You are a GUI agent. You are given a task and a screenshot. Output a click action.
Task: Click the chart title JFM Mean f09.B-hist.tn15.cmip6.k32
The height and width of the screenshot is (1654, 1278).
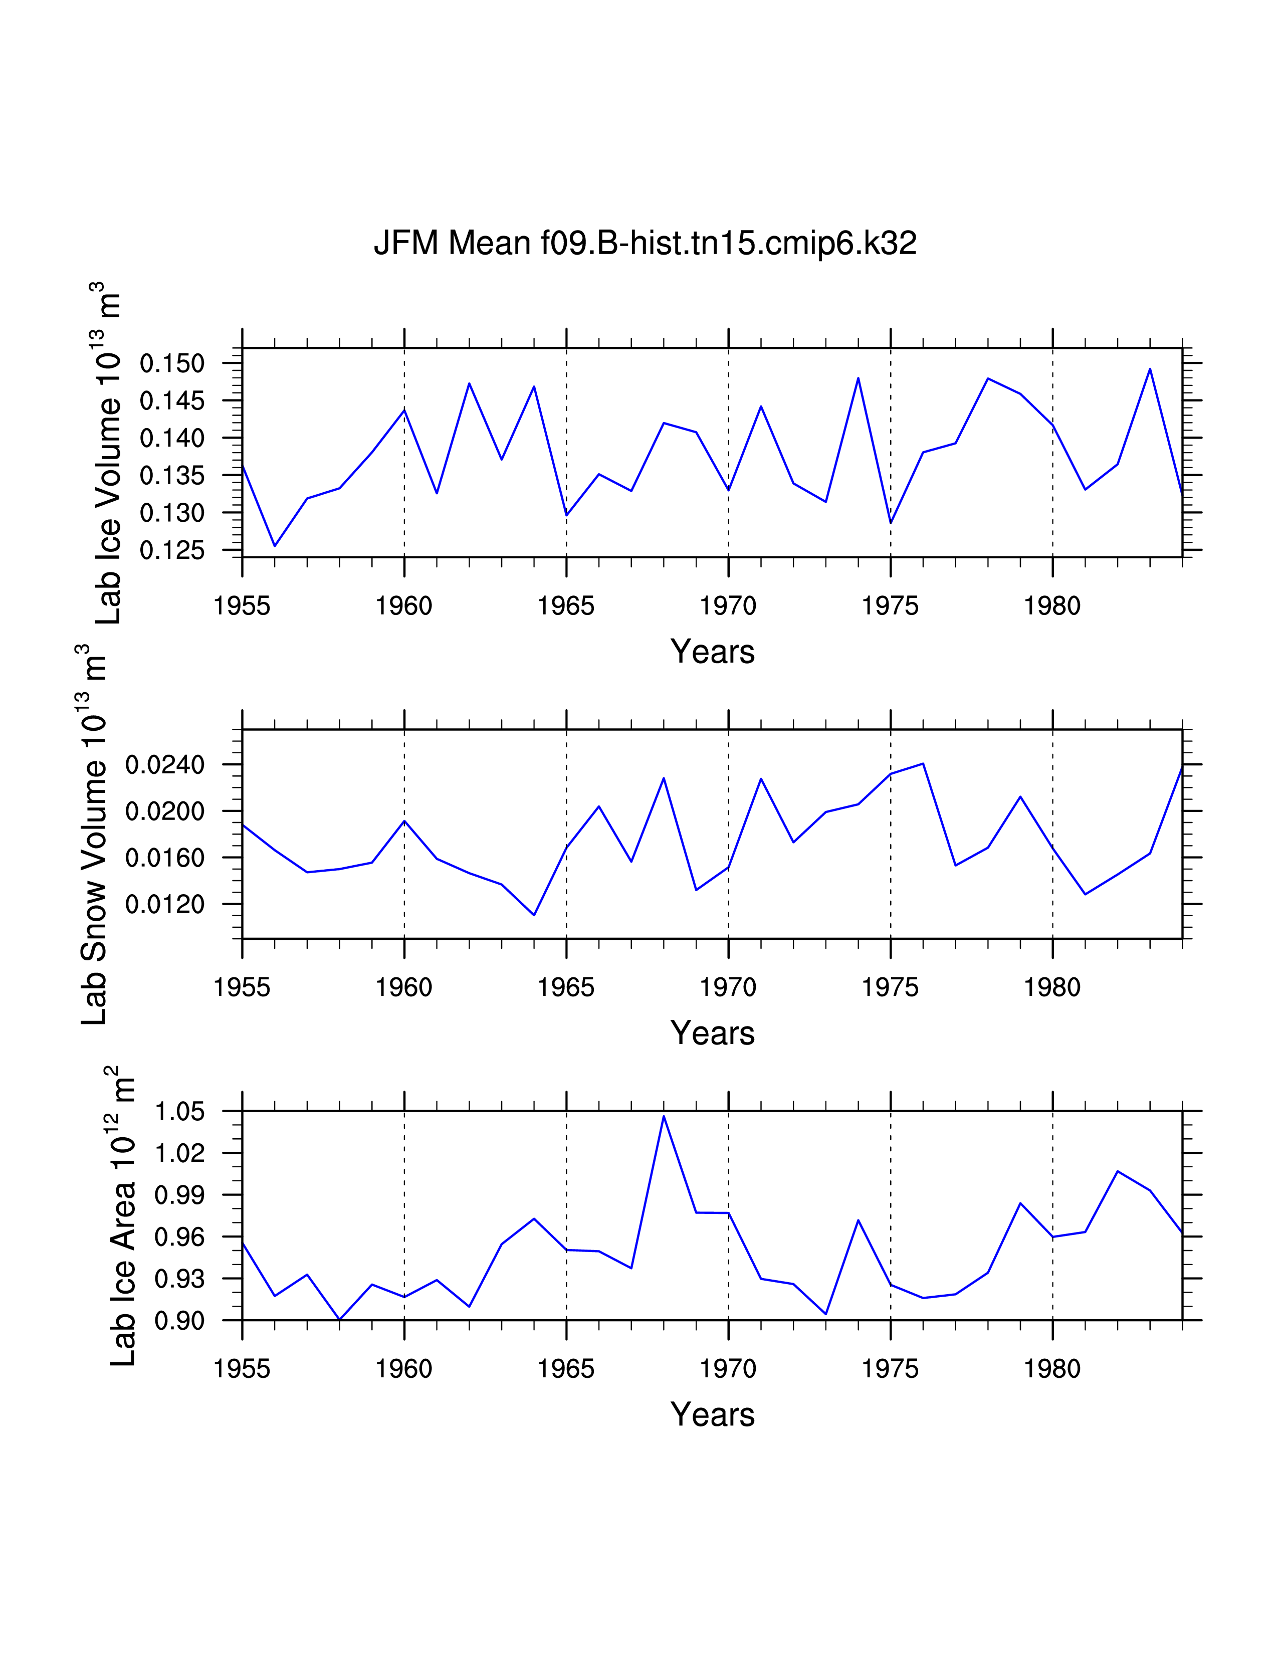645,243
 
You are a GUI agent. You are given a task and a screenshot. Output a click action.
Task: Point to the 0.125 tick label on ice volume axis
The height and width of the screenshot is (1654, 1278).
172,550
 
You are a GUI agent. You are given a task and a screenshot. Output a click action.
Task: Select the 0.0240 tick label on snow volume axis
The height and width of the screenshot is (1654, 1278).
165,765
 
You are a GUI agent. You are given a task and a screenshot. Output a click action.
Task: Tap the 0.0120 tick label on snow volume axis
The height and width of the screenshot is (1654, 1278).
165,904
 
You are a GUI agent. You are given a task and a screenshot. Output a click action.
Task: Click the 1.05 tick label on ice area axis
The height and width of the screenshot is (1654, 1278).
180,1112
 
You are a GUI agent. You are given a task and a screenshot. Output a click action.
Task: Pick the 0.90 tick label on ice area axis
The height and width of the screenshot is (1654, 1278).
180,1321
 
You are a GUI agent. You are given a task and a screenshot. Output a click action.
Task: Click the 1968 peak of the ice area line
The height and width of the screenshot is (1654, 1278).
664,1116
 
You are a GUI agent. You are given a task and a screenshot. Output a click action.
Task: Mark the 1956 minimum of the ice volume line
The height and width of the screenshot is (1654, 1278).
275,545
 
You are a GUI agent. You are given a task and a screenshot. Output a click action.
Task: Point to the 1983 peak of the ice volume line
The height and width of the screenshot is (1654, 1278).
1150,369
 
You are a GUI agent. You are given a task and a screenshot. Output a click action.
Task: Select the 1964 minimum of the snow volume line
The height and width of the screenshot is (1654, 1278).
535,915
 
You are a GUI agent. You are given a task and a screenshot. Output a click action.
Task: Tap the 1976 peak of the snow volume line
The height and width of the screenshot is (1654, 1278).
923,763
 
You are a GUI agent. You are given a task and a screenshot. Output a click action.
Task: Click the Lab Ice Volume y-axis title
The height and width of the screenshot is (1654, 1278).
108,453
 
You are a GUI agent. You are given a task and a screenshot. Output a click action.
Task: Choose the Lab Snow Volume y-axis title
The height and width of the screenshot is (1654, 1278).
93,834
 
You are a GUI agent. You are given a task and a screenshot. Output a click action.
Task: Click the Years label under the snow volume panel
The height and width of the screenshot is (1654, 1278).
713,1033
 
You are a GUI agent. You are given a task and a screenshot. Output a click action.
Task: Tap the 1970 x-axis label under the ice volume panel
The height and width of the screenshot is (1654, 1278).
728,606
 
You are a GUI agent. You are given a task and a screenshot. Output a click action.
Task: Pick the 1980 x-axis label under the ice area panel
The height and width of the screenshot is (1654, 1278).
1052,1369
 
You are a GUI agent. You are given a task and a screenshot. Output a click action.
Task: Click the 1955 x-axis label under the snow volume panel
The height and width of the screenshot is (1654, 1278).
242,987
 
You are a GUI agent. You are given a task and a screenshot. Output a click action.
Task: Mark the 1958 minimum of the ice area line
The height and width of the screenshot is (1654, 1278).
340,1319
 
